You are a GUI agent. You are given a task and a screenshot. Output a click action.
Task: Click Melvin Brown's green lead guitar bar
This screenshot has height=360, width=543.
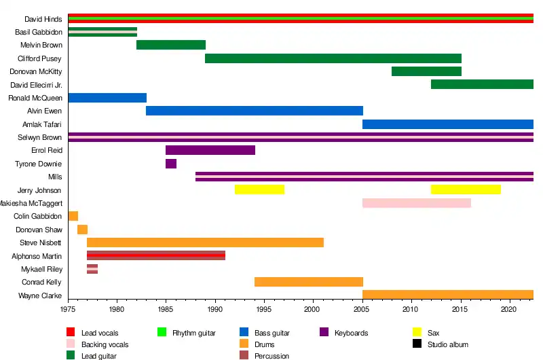click(x=171, y=45)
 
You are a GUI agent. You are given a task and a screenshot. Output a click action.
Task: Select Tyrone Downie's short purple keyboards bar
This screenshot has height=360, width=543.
click(x=171, y=164)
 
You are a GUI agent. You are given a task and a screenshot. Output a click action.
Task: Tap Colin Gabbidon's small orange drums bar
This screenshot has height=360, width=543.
click(x=73, y=216)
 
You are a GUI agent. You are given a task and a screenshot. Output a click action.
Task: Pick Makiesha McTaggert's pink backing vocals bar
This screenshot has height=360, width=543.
click(x=417, y=203)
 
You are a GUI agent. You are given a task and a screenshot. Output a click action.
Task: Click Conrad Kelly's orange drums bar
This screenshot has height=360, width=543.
click(x=309, y=282)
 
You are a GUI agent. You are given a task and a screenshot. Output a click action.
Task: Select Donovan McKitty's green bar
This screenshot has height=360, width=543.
click(x=427, y=71)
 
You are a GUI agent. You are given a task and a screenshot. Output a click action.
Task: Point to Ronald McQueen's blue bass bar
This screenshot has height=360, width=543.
click(x=107, y=98)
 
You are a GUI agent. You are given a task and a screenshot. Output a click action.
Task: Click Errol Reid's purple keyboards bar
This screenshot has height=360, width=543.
click(x=210, y=150)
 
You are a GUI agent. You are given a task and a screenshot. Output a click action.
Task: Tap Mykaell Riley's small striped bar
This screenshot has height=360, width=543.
click(x=92, y=268)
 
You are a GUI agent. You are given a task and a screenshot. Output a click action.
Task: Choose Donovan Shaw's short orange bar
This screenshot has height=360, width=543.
click(x=83, y=230)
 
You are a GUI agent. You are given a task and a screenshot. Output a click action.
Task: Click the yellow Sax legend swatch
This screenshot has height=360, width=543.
click(x=418, y=332)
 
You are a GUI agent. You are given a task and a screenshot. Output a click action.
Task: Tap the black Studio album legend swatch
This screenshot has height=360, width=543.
click(x=418, y=344)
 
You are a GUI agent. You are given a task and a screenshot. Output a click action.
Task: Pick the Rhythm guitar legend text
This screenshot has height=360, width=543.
click(x=194, y=333)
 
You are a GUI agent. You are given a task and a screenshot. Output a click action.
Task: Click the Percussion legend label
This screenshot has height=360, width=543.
click(x=271, y=356)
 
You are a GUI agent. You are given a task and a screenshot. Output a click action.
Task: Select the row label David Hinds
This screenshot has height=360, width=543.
click(x=43, y=19)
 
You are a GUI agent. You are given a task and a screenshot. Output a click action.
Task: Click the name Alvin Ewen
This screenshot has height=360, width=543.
click(x=45, y=111)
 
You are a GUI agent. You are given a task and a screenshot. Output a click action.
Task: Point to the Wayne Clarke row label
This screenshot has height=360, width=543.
click(x=41, y=295)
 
